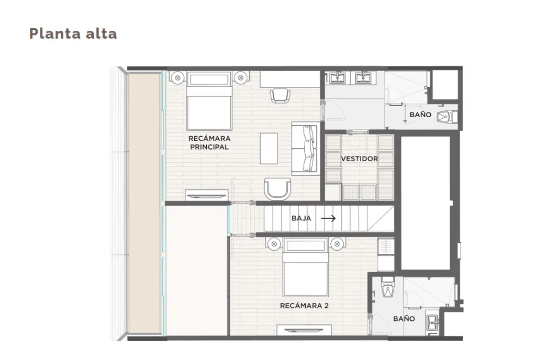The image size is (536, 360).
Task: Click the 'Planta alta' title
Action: click(73, 34)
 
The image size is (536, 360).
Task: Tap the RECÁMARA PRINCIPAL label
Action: click(209, 143)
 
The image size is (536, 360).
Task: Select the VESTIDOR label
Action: click(359, 159)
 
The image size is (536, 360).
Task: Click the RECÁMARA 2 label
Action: click(304, 306)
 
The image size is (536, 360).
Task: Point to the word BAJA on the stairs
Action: click(301, 218)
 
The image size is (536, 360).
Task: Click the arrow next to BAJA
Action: click(328, 218)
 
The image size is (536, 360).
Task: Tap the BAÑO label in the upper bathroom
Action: click(420, 115)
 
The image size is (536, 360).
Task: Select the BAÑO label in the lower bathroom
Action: click(404, 319)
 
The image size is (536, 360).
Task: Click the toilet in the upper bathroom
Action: click(448, 117)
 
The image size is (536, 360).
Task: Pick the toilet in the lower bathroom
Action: click(388, 287)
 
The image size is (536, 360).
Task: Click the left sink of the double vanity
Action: click(338, 78)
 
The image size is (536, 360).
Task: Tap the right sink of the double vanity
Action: click(363, 78)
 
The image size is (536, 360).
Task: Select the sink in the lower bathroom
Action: click(433, 322)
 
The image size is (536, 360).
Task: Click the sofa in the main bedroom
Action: click(304, 148)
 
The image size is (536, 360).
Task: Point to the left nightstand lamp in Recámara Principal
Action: click(177, 78)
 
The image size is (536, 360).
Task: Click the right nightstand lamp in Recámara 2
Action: click(337, 244)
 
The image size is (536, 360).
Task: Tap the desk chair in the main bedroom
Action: click(280, 95)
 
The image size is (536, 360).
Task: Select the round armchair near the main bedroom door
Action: click(277, 189)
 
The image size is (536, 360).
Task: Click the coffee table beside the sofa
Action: click(269, 149)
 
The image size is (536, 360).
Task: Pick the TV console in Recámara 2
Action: click(304, 330)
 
